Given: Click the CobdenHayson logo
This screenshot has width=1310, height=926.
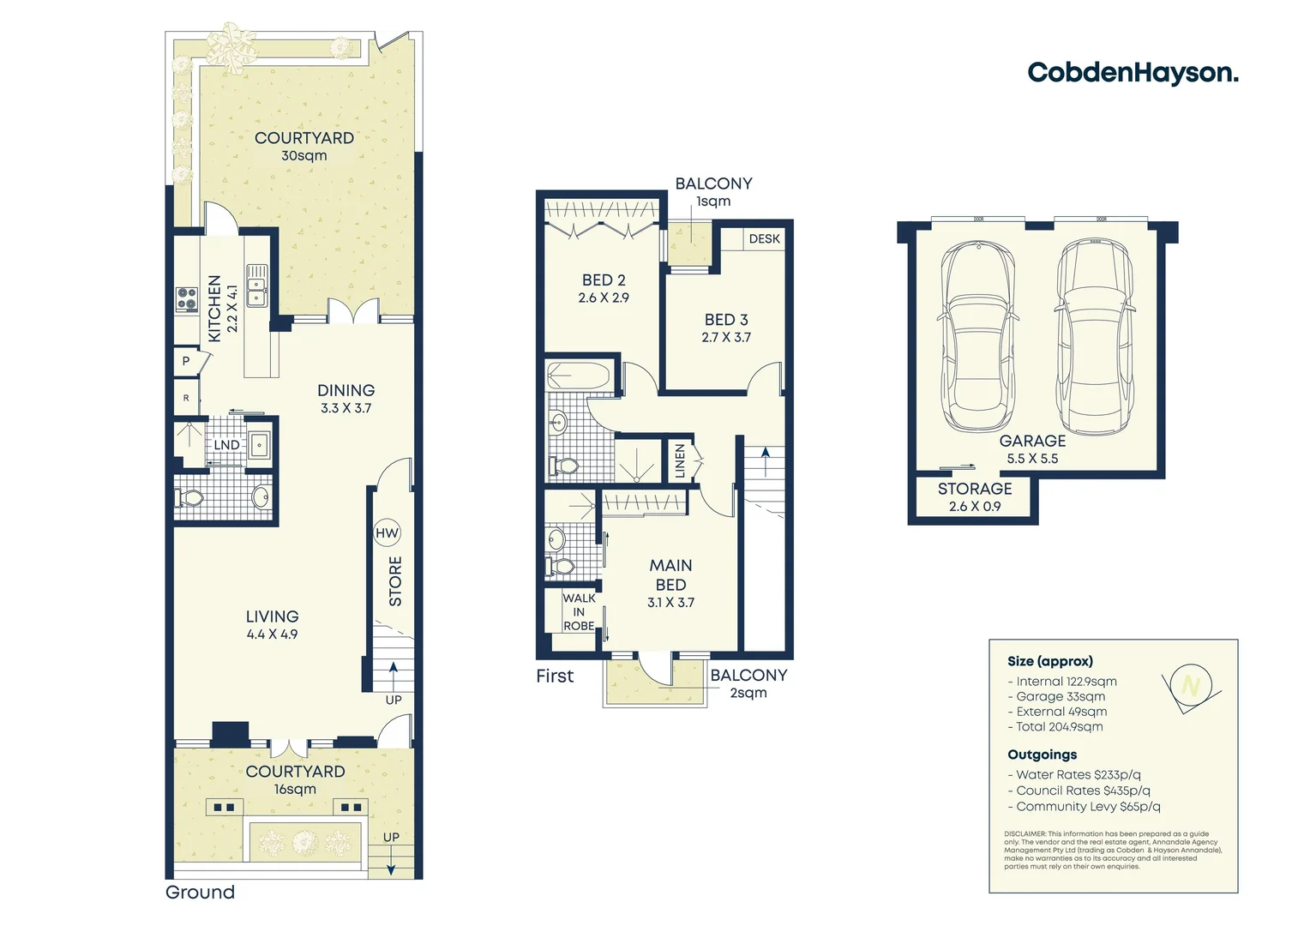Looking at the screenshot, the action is pos(1133,73).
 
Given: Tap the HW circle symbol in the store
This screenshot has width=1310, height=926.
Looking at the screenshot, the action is pos(387,533).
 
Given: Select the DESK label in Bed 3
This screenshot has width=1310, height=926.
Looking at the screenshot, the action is pos(765,238).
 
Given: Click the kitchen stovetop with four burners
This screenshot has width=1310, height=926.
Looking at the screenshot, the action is pos(188,299).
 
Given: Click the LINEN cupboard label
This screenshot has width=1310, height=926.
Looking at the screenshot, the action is pos(680,461).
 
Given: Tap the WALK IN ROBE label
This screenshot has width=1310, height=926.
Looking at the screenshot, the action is pos(579,612).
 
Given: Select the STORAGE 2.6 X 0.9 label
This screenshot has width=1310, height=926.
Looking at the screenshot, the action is pos(975,497).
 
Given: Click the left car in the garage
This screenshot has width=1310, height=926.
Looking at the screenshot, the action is pos(978,336).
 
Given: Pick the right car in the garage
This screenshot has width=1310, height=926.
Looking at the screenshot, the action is pos(1094,336).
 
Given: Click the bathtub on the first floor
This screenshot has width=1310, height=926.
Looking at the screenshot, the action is pos(579,375).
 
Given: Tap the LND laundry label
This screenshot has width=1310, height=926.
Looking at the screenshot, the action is pos(226,445).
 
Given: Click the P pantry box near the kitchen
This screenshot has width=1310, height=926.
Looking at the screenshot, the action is pos(186,361).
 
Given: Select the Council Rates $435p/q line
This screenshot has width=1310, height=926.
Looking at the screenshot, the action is pos(1079,791).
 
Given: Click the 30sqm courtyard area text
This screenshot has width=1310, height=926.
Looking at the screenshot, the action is pos(304,155).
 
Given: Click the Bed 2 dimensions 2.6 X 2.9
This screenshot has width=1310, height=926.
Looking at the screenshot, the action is pos(604,298).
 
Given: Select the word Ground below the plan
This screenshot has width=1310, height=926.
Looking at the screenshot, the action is pos(200,892).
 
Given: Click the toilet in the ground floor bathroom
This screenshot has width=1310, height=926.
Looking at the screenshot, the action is pos(189,498).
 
